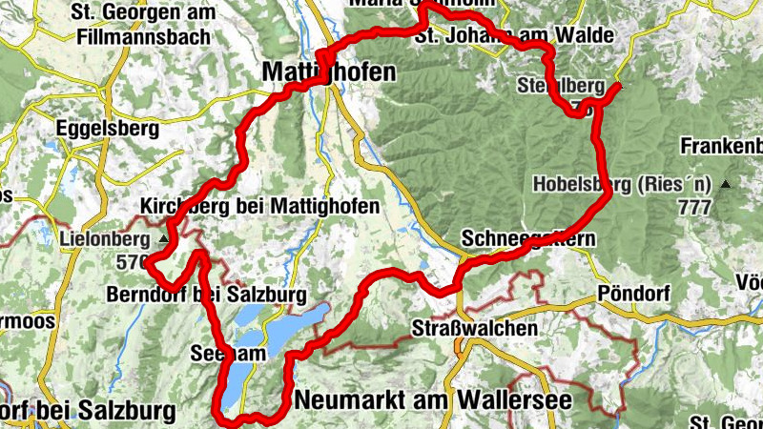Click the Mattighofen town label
tap(315, 72)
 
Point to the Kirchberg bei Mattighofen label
tap(259, 206)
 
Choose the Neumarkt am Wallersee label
tap(434, 400)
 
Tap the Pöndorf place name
tap(630, 292)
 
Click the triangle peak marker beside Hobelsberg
tap(728, 184)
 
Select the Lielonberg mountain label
tap(104, 238)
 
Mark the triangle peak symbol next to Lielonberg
tap(164, 238)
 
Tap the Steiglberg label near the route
tap(560, 87)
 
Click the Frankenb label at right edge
tap(721, 147)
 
